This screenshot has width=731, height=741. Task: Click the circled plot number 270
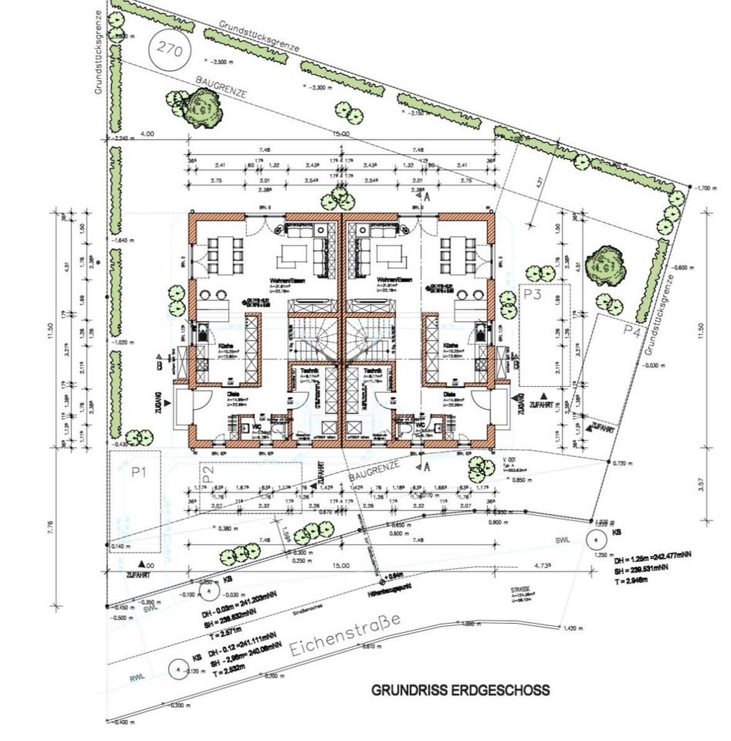(x=169, y=48)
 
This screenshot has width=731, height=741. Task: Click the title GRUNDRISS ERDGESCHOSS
(x=461, y=689)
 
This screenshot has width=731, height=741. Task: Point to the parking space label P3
(x=532, y=294)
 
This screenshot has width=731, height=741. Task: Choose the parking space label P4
(x=631, y=331)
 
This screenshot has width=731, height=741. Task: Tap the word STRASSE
(x=519, y=589)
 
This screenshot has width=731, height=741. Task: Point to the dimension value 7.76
(x=50, y=526)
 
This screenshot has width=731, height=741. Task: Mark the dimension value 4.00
(x=146, y=134)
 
